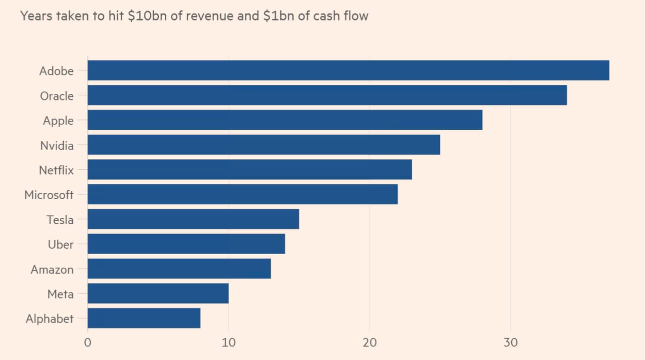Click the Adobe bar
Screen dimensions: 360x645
click(x=348, y=70)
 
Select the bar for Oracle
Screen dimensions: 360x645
click(x=327, y=95)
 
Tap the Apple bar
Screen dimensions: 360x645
click(x=285, y=120)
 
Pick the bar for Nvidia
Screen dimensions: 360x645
click(x=264, y=145)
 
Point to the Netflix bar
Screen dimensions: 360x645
click(x=250, y=170)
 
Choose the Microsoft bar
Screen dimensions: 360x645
click(x=243, y=194)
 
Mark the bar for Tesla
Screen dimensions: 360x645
click(x=193, y=219)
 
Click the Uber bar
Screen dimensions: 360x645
click(x=186, y=244)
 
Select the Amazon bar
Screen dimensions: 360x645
click(x=179, y=269)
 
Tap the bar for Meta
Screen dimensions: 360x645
click(x=158, y=294)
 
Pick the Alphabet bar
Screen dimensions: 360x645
click(x=144, y=319)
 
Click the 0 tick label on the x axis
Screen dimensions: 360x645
click(x=88, y=343)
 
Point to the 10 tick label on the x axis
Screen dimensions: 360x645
click(x=229, y=343)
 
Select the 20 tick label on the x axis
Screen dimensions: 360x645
click(x=369, y=343)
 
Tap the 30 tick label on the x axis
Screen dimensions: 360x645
click(x=510, y=343)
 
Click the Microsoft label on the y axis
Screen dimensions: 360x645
click(x=49, y=195)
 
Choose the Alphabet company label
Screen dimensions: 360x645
click(x=49, y=319)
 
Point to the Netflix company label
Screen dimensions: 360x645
click(x=56, y=170)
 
